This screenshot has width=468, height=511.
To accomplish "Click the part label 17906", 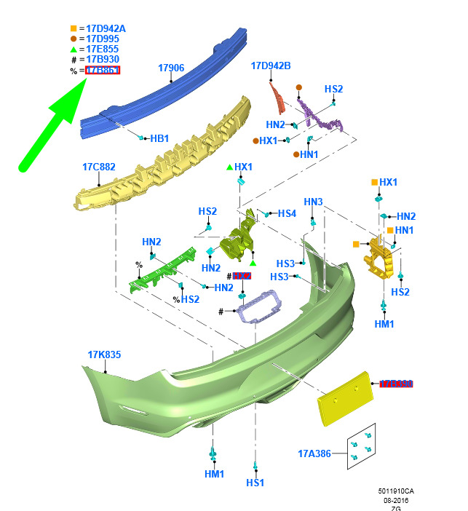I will [x=171, y=68].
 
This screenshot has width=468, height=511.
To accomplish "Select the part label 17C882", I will [x=98, y=167].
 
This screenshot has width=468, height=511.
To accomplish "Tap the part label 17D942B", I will [x=271, y=66].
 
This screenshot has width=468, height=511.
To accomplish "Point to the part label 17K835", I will [x=104, y=354].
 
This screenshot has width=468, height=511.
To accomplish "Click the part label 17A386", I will [x=314, y=453].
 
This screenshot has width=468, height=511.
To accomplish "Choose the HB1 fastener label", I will [x=159, y=138].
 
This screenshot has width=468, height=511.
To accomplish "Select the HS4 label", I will [x=287, y=213].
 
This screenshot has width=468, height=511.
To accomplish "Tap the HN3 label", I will [x=313, y=202].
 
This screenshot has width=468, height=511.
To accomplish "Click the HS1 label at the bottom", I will [x=255, y=482].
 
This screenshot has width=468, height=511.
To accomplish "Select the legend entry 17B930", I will [x=103, y=59].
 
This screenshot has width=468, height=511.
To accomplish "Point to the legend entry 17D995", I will [x=103, y=39].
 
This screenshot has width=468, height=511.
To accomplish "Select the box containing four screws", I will [x=362, y=445].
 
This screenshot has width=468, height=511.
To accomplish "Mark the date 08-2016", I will [x=399, y=500].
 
